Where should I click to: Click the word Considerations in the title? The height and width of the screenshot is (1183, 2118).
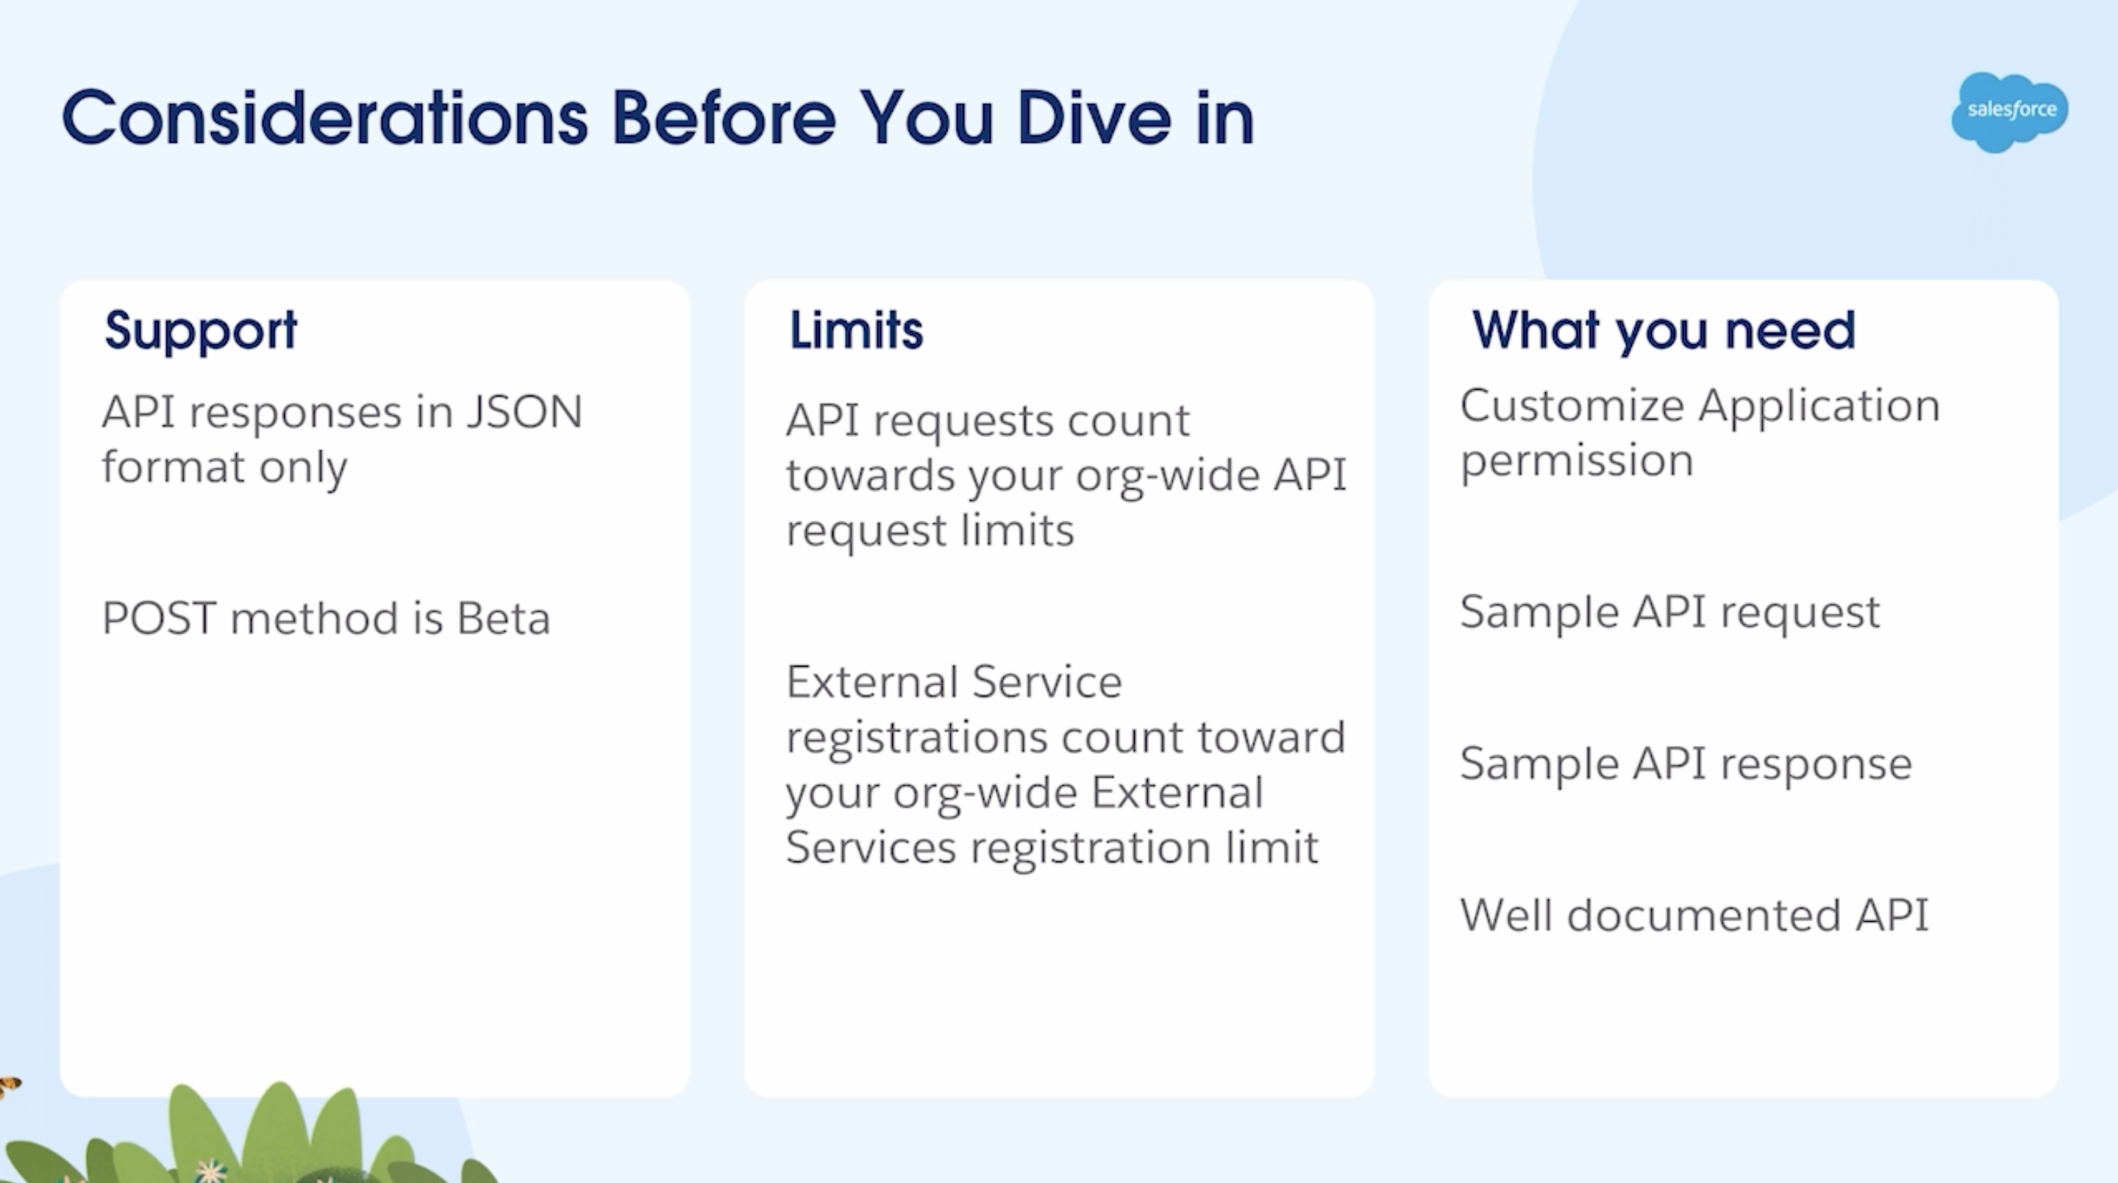click(326, 117)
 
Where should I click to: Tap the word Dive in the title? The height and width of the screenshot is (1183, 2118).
click(1094, 117)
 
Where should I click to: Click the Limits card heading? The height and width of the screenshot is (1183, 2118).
click(856, 330)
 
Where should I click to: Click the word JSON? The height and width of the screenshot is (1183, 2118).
click(524, 411)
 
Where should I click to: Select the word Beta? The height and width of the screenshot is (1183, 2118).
click(503, 618)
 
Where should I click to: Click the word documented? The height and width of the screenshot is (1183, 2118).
click(1705, 914)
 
